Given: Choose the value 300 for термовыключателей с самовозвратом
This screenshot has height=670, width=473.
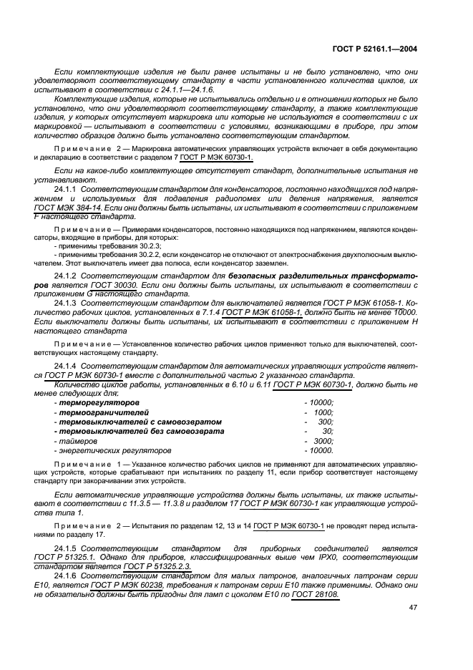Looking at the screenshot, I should click(326, 422).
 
